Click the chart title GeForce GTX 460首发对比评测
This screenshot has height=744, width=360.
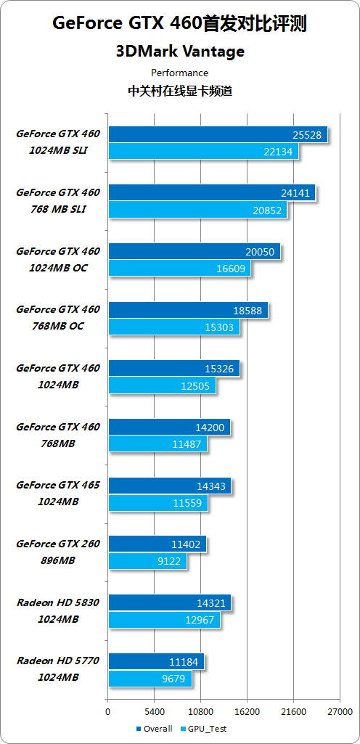point(179,24)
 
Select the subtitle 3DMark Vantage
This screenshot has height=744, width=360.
point(179,52)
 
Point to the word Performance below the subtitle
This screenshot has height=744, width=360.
point(179,73)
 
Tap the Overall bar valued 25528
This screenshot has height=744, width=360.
point(217,134)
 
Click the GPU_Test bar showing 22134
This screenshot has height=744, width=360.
point(202,151)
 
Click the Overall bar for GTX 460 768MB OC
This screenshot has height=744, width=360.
point(187,310)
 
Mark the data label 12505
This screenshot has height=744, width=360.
point(195,386)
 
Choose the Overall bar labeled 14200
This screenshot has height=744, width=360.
point(168,428)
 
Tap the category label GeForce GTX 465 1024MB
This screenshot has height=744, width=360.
point(58,493)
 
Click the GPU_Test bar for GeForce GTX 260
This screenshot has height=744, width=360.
point(147,562)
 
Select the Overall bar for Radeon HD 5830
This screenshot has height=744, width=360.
point(169,603)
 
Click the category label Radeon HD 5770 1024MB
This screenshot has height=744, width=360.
point(58,669)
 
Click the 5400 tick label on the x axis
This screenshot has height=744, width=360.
point(154,711)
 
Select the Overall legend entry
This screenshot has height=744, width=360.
point(154,729)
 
